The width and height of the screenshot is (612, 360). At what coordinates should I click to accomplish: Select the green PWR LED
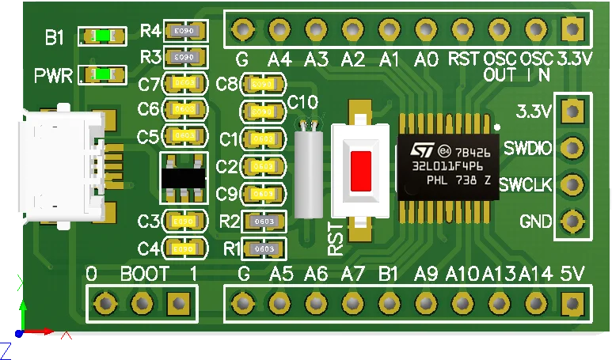point(103,75)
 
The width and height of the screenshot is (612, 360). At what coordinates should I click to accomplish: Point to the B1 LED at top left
point(103,36)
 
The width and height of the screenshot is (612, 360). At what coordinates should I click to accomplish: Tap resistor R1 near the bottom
point(264,249)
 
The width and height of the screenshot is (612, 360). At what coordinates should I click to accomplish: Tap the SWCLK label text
point(526,184)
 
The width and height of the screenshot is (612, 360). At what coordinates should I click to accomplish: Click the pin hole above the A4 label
point(279,31)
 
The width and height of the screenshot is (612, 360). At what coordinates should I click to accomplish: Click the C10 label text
point(303,101)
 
